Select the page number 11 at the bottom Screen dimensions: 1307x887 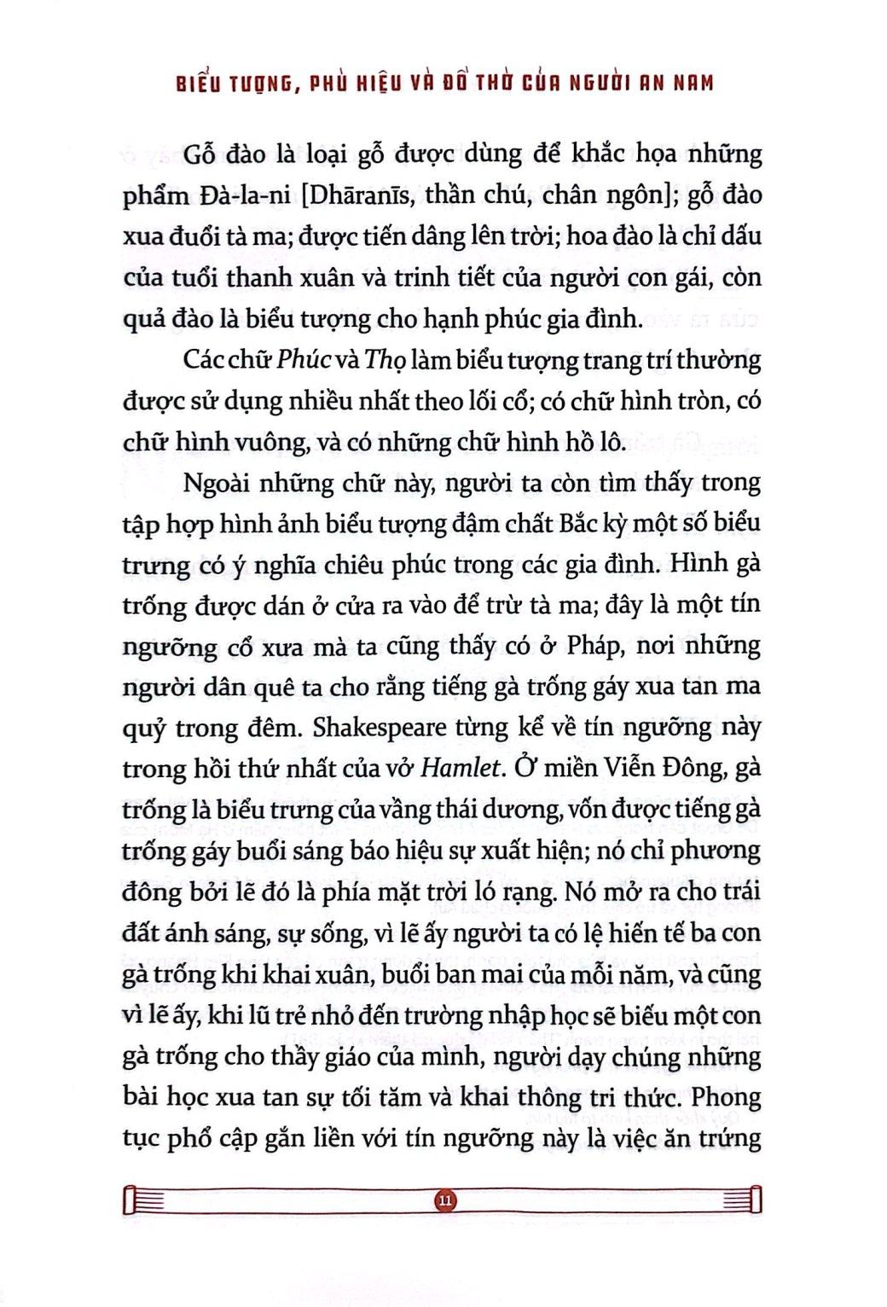(x=444, y=1200)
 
